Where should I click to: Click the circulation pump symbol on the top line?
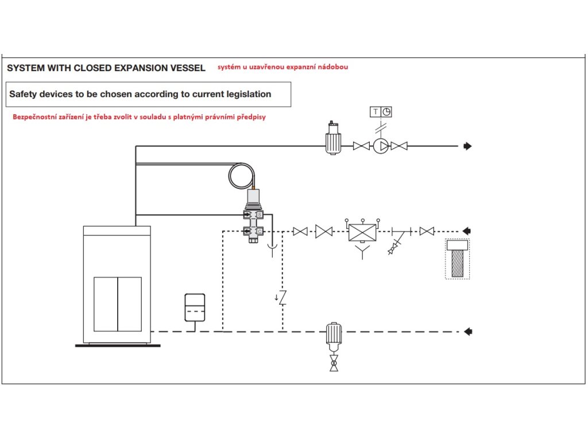(x=380, y=146)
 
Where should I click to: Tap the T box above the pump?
(x=376, y=112)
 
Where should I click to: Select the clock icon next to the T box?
(x=386, y=112)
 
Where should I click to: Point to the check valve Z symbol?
(x=282, y=297)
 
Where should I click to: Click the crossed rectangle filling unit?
(x=362, y=231)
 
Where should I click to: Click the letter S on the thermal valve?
(x=260, y=215)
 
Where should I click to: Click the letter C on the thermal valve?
(x=260, y=231)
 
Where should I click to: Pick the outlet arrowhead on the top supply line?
(x=467, y=146)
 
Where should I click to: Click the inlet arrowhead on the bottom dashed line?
(x=467, y=331)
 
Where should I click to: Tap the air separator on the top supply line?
(x=332, y=140)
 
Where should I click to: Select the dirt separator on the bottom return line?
(x=334, y=333)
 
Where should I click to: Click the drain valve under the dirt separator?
(x=334, y=363)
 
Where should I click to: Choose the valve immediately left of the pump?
(x=361, y=146)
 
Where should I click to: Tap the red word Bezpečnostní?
(x=35, y=116)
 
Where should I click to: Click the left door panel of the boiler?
(x=106, y=304)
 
